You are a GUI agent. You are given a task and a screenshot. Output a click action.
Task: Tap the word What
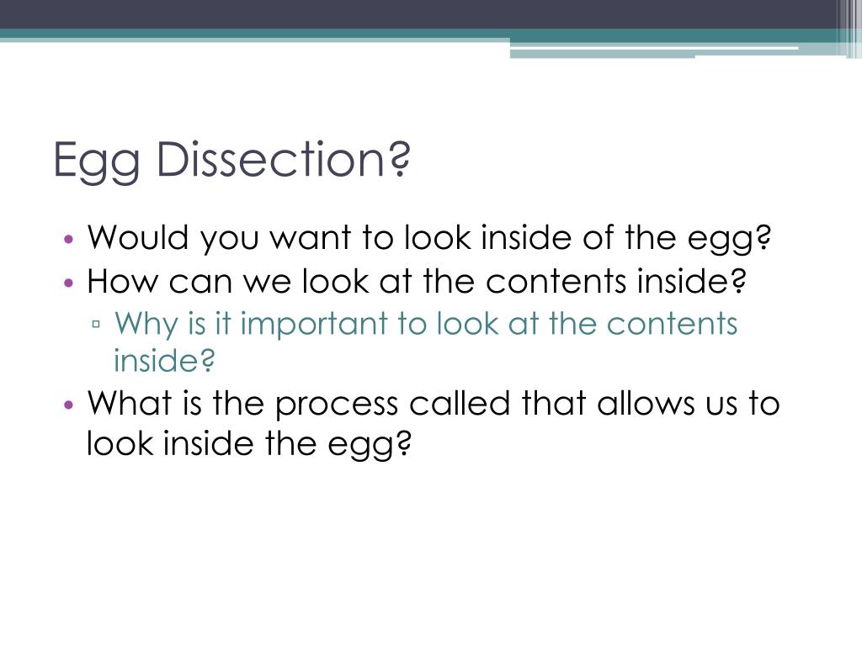127,404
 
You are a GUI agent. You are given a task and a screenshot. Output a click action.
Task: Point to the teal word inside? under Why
165,361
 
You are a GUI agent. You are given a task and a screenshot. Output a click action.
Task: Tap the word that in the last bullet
555,404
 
